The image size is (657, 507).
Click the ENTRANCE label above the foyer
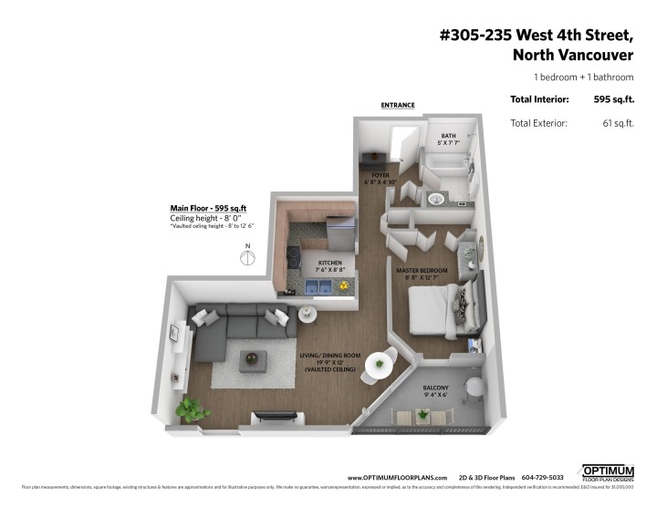[398, 105]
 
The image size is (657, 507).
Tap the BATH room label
[450, 140]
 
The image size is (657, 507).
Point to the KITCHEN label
[318, 262]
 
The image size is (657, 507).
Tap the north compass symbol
[245, 257]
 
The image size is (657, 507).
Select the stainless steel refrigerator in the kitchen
[340, 231]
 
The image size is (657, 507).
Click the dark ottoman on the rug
[253, 360]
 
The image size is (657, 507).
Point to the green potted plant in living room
[190, 407]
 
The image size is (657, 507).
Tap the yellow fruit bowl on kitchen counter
[344, 285]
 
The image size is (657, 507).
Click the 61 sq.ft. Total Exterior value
[617, 122]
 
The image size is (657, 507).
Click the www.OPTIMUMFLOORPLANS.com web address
[397, 477]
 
